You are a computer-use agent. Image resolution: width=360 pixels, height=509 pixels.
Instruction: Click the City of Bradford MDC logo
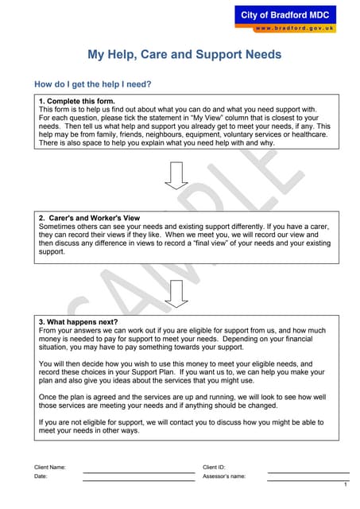click(288, 14)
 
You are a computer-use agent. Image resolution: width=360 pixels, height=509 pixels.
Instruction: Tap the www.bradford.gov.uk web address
click(295, 29)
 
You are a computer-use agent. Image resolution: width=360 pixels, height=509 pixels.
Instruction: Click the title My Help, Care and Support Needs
click(184, 56)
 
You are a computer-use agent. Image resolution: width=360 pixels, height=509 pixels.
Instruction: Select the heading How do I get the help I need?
click(92, 84)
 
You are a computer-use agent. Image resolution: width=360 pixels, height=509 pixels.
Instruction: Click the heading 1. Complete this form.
click(77, 101)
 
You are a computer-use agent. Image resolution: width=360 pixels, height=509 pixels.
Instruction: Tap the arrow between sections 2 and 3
click(176, 293)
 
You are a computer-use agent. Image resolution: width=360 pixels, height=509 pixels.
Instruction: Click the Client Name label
click(50, 467)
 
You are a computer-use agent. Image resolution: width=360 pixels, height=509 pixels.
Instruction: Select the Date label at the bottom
click(41, 476)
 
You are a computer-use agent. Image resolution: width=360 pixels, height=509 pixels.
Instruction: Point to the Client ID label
click(215, 467)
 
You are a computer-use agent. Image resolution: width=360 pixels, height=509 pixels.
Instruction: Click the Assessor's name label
click(224, 476)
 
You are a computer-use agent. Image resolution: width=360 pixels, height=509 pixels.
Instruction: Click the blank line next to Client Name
click(139, 472)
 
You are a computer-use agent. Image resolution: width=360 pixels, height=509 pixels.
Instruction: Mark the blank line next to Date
click(139, 481)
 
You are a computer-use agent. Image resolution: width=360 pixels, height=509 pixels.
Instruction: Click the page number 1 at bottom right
click(346, 484)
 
